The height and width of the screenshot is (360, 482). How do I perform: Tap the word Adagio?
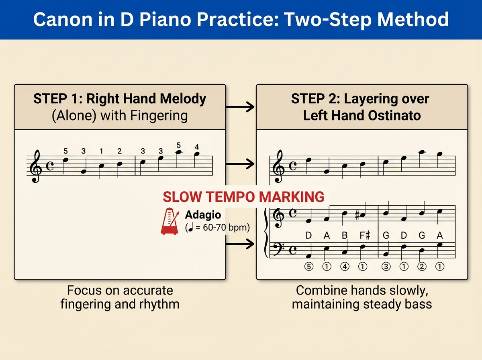pos(203,215)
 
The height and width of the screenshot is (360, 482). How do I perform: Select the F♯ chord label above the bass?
pos(365,235)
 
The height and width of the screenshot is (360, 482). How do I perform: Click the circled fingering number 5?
pos(308,266)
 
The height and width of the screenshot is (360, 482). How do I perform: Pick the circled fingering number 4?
pos(345,266)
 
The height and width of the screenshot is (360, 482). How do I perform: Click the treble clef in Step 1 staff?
pos(36,166)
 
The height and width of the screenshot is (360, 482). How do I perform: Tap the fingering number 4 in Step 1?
pos(196,146)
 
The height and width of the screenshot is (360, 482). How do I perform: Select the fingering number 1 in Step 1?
pos(102,151)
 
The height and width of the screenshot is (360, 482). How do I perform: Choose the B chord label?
pos(345,235)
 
